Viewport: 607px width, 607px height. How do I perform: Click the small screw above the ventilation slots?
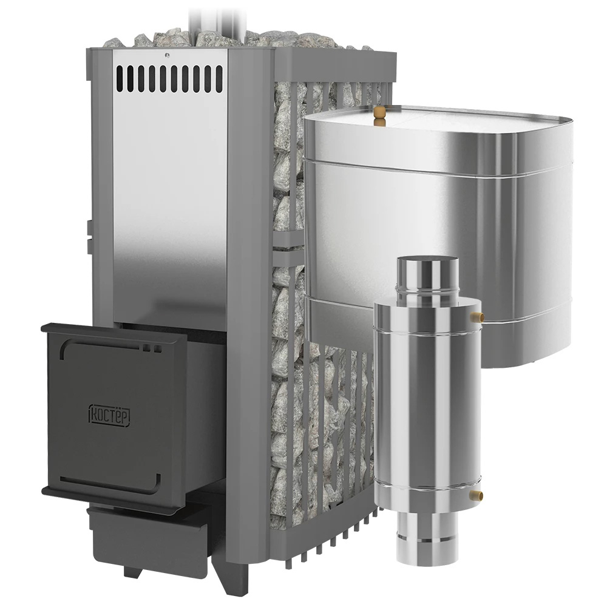click(x=166, y=55)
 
